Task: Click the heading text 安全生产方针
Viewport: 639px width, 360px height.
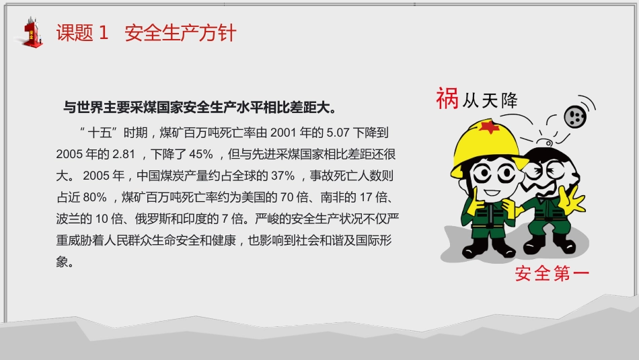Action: click(180, 33)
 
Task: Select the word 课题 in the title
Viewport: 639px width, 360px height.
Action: click(75, 33)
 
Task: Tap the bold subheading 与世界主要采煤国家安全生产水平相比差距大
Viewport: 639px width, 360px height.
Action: click(199, 108)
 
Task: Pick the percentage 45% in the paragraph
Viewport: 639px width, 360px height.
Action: click(201, 154)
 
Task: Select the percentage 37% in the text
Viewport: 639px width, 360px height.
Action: click(281, 176)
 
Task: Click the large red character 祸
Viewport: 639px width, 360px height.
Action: click(446, 98)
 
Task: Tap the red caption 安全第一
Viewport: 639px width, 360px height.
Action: click(552, 274)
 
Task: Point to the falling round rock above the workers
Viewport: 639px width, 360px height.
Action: click(574, 116)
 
